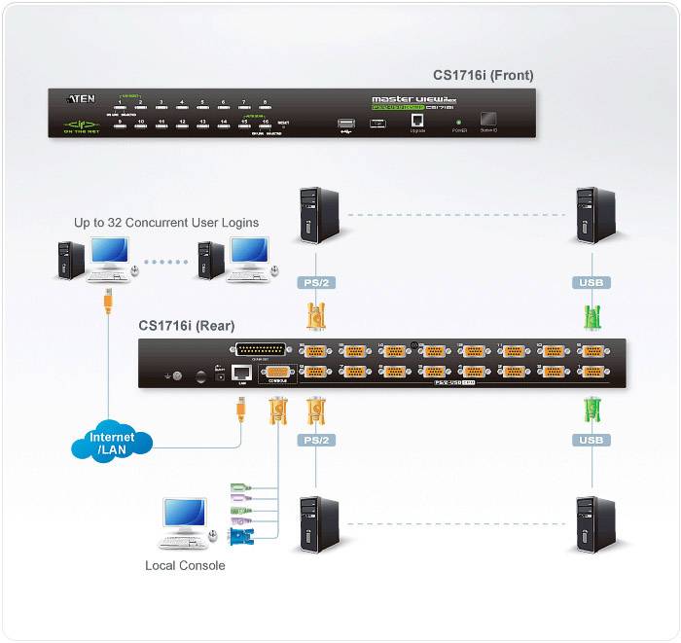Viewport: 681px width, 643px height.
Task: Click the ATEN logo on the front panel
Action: pos(81,98)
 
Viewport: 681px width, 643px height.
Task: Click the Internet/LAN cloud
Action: pos(112,443)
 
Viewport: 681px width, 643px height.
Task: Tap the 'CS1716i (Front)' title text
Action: pos(483,75)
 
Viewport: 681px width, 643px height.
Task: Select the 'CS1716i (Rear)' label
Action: pos(186,326)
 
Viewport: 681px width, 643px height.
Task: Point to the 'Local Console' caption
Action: pos(185,565)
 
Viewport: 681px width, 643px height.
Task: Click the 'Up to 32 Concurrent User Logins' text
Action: pos(166,223)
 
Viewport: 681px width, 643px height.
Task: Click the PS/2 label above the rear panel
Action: pos(315,283)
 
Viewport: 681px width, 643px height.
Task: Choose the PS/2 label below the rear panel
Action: pos(315,440)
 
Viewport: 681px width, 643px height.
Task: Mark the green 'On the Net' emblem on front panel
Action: pos(81,125)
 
